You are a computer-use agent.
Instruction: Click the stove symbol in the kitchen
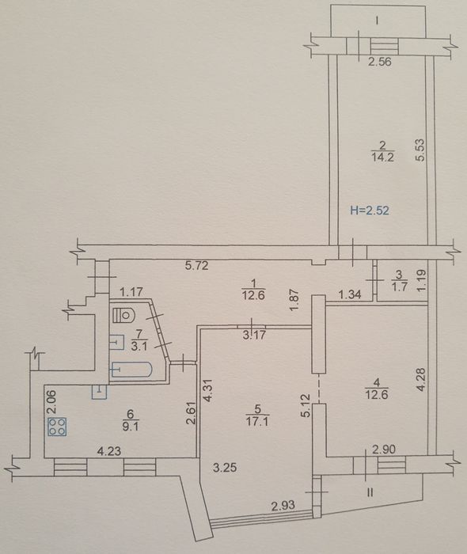(x=57, y=427)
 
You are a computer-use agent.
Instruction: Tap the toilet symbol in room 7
(x=123, y=314)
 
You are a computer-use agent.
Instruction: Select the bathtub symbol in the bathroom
(x=131, y=370)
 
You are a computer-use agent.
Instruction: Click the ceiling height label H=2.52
(x=370, y=211)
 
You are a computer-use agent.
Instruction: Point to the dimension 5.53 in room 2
(x=420, y=150)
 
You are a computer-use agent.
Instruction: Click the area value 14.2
(x=382, y=157)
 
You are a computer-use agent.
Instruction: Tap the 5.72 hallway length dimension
(x=197, y=266)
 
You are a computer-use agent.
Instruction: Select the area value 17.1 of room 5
(x=257, y=422)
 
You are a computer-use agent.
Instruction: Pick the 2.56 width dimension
(x=380, y=63)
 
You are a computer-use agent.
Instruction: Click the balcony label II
(x=370, y=492)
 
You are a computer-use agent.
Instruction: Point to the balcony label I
(x=378, y=21)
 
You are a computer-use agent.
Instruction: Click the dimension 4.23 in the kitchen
(x=109, y=451)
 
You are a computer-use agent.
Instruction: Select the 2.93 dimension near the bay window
(x=283, y=506)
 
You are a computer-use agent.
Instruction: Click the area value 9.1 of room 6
(x=131, y=427)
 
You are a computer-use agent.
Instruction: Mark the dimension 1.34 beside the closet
(x=350, y=294)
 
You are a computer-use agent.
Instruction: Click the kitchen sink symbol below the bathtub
(x=100, y=393)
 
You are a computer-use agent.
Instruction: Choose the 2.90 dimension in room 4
(x=384, y=450)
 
